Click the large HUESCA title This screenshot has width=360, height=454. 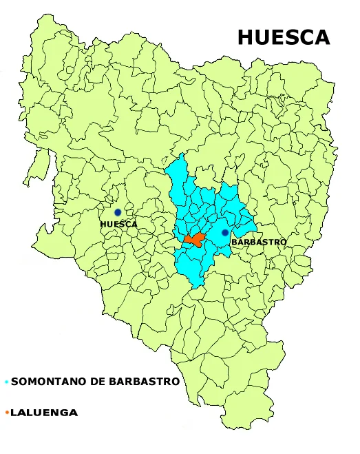tap(284, 37)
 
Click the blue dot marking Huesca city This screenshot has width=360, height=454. tap(118, 212)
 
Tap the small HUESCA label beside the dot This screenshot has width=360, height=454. tap(118, 224)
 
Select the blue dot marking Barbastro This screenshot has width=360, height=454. tap(224, 233)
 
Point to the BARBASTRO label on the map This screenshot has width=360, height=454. tap(258, 243)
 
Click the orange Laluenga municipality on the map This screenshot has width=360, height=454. tap(194, 240)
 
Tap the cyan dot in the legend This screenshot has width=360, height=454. tap(6, 382)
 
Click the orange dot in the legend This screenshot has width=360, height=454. tap(6, 413)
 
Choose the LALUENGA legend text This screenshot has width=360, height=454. tap(44, 413)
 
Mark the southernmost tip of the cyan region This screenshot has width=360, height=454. tap(198, 285)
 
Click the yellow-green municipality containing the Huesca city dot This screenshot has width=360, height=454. tap(124, 207)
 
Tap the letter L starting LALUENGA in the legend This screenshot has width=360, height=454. tap(14, 413)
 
